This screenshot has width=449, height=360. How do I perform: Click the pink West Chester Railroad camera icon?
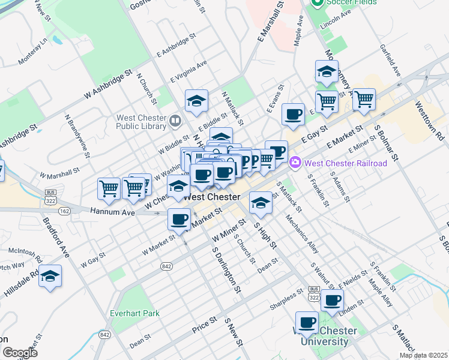pyautogui.click(x=295, y=162)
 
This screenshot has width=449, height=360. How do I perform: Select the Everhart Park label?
pyautogui.click(x=135, y=313)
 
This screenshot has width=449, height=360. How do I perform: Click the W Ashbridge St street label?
pyautogui.click(x=108, y=84)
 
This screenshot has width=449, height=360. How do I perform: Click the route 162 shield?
pyautogui.click(x=65, y=211)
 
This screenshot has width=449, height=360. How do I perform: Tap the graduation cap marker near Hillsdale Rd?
pyautogui.click(x=50, y=276)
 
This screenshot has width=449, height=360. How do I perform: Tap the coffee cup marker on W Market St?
pyautogui.click(x=178, y=219)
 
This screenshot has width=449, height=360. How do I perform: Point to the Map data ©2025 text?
pyautogui.click(x=423, y=355)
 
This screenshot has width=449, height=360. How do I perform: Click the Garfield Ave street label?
pyautogui.click(x=390, y=61)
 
